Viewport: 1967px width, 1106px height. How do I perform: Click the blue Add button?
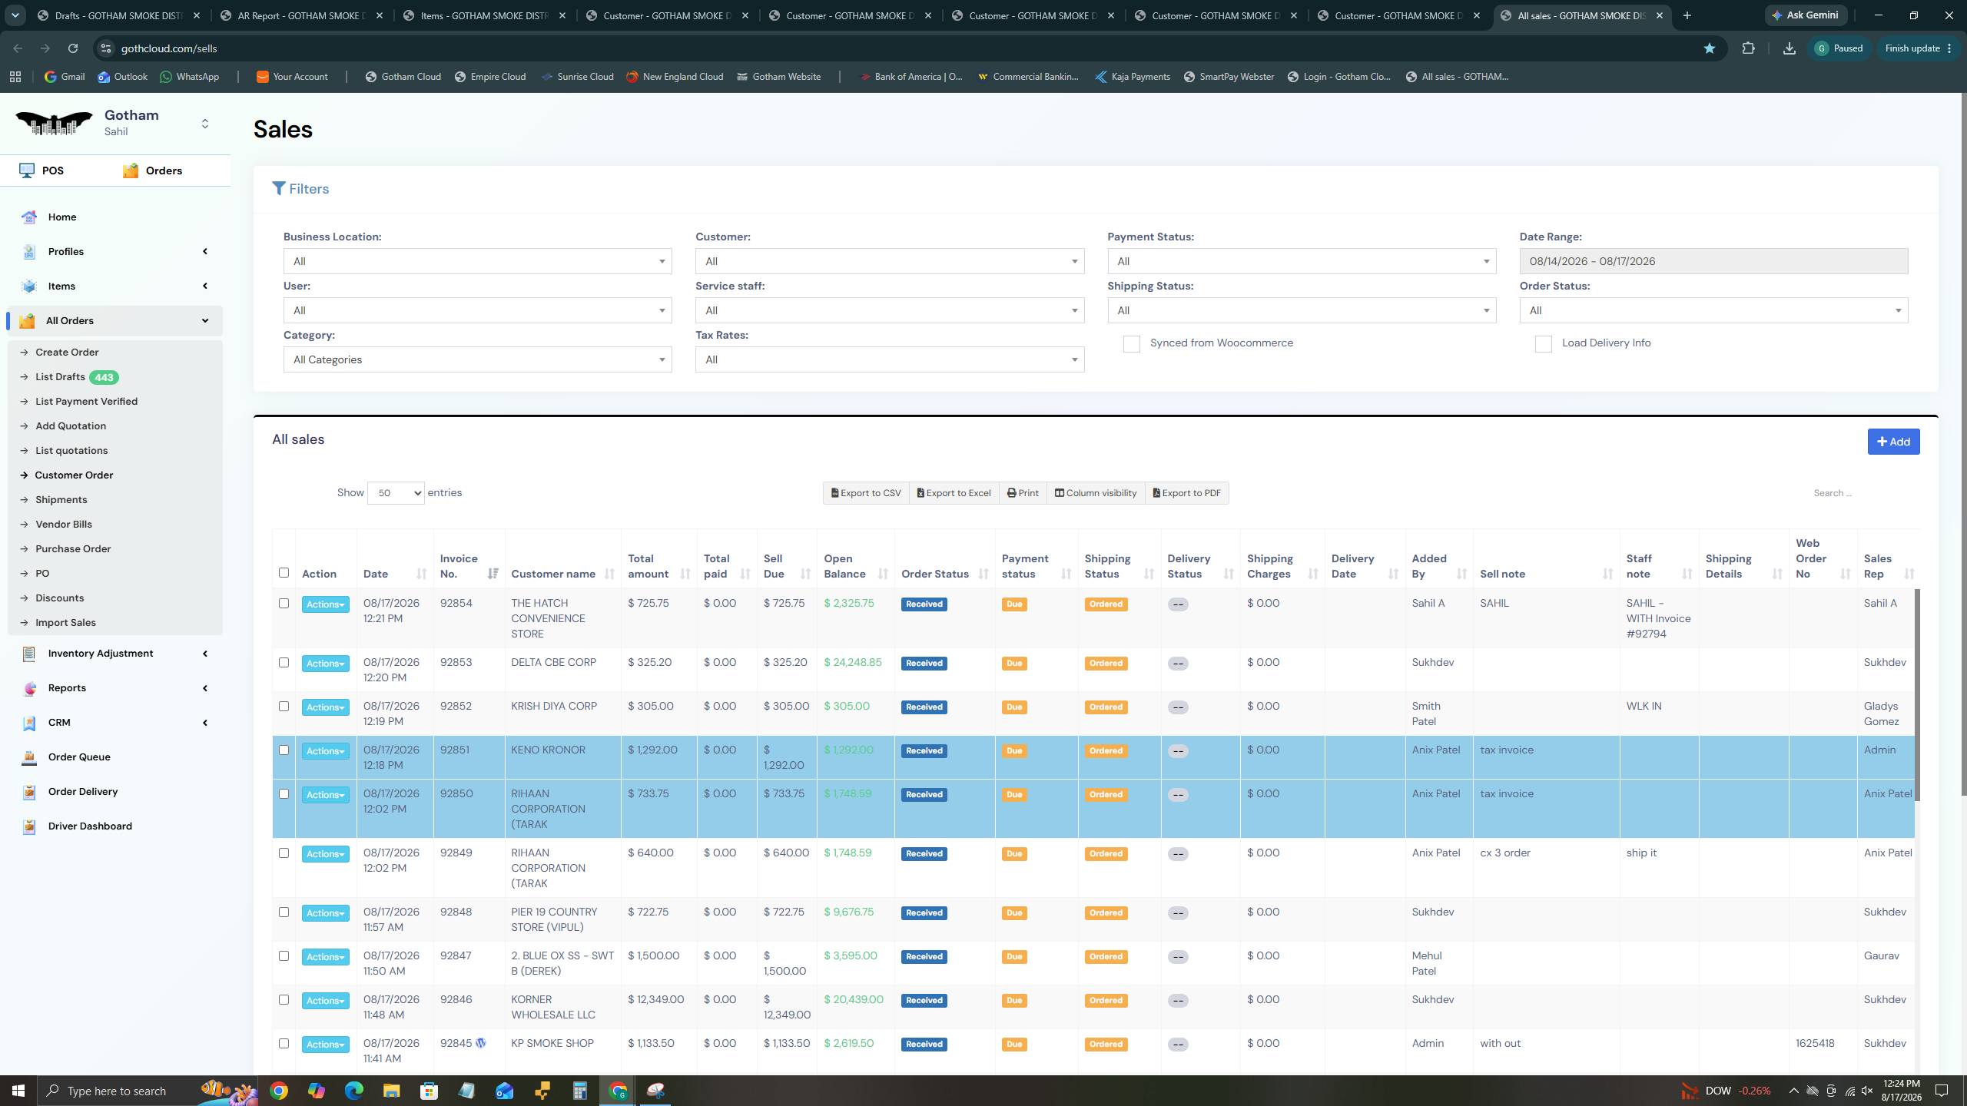pos(1893,442)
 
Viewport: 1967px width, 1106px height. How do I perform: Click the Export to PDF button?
pos(1187,493)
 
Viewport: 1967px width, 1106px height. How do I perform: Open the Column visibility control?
pos(1096,493)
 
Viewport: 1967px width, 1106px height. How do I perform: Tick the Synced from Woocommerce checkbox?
pos(1132,343)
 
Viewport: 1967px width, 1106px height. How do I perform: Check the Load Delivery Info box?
pos(1544,343)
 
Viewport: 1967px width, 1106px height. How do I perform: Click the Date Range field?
pos(1713,261)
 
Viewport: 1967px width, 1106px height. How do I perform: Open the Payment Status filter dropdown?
pos(1302,261)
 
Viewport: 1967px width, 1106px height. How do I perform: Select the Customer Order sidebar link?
pos(74,475)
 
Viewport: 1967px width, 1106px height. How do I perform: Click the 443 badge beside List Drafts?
pos(104,377)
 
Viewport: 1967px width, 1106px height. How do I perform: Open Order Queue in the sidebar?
pos(79,757)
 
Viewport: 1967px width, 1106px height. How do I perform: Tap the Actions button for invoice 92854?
pos(325,604)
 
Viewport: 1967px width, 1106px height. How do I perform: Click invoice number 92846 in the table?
pos(456,999)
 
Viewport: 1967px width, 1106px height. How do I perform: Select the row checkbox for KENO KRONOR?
pos(284,750)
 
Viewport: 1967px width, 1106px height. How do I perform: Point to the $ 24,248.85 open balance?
pos(853,662)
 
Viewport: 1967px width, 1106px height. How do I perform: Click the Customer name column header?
pos(553,574)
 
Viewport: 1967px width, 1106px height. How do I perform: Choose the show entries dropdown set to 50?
pos(396,493)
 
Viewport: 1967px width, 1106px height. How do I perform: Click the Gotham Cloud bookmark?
pos(403,77)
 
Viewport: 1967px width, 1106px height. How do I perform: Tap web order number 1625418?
pos(1815,1043)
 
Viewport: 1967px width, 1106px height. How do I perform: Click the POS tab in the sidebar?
pos(42,171)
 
